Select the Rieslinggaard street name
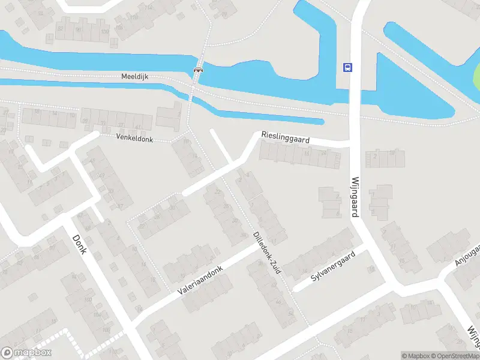[285, 139]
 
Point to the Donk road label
[79, 243]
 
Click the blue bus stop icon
[347, 67]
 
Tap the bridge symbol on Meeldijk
[197, 70]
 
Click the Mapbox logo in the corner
[26, 353]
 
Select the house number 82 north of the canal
[60, 28]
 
